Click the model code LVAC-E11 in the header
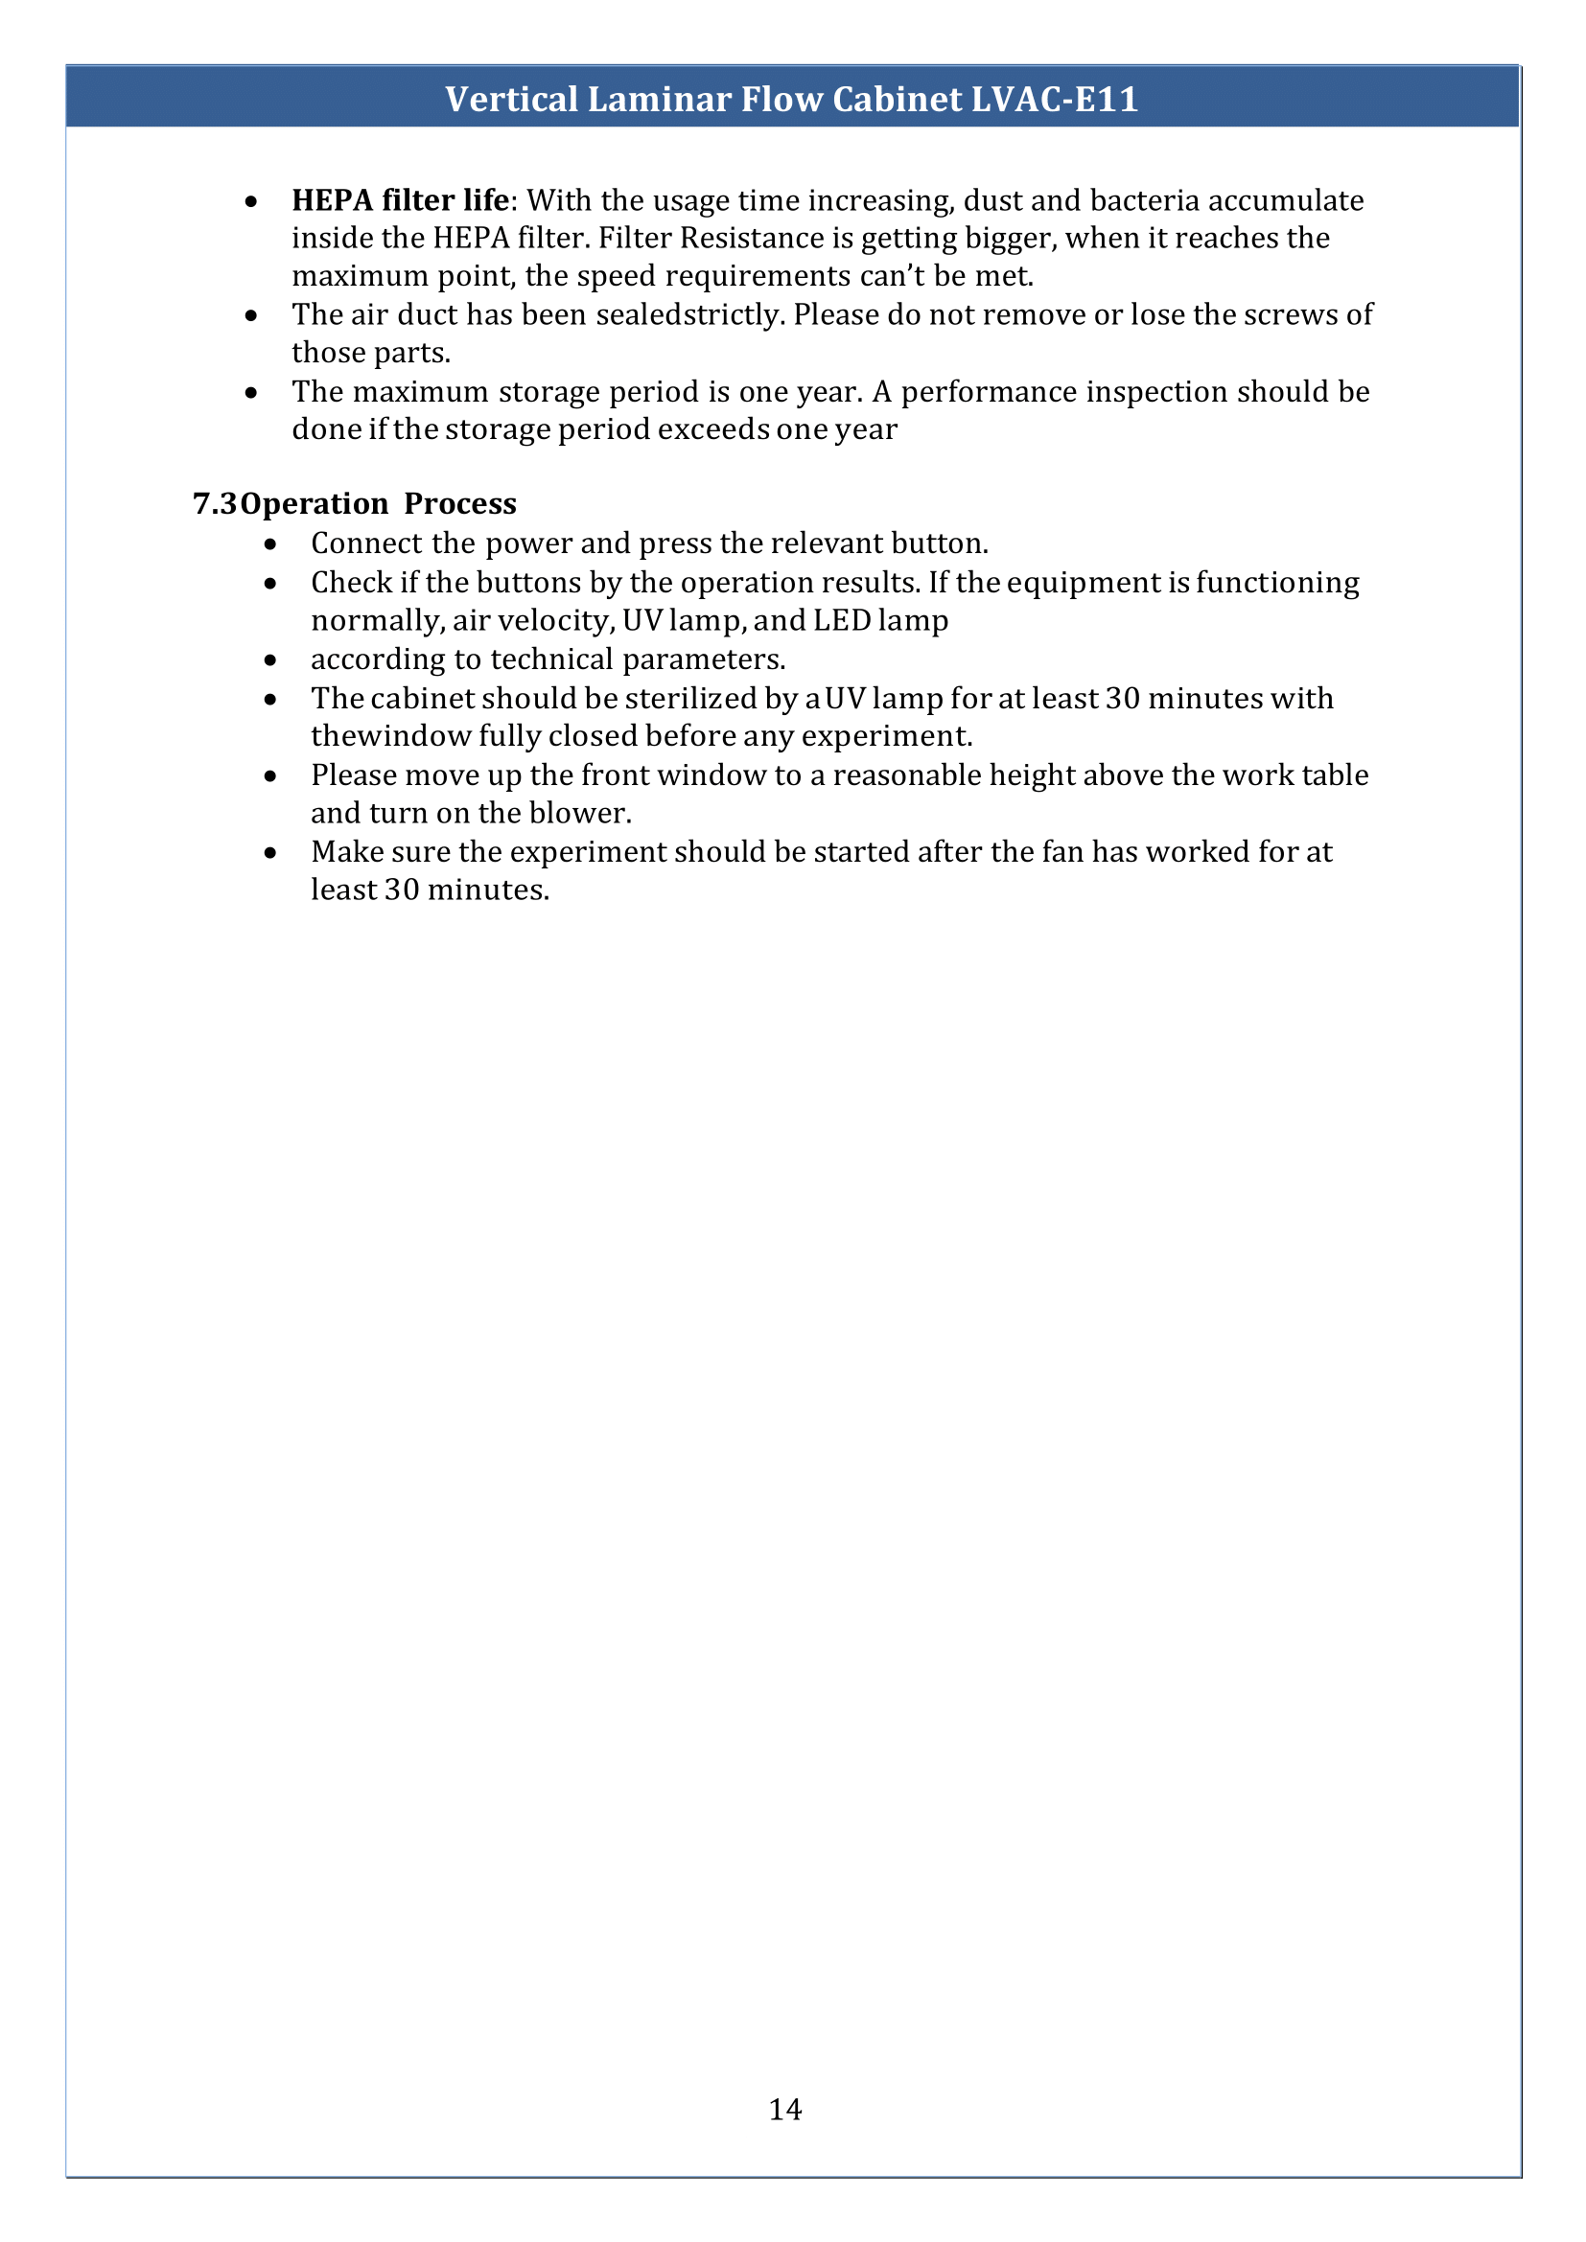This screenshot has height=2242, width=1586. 1055,100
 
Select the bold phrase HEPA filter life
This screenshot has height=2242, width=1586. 401,200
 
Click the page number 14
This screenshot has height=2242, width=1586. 785,2109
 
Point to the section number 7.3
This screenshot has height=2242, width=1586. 215,504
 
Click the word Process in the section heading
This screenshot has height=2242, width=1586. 460,504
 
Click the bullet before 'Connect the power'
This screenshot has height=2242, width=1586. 270,543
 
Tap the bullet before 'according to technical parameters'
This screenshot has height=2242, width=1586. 270,660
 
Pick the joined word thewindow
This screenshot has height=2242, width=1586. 390,736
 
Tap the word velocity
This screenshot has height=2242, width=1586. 556,621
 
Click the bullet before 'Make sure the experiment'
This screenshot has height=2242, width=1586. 270,852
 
